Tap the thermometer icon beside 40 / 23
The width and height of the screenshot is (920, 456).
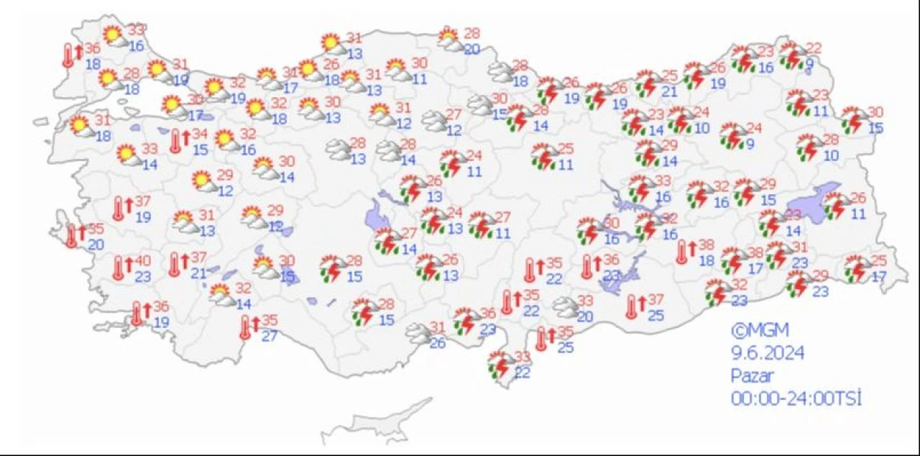click(119, 268)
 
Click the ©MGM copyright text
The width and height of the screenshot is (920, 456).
click(760, 331)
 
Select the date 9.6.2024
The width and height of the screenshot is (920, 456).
click(767, 353)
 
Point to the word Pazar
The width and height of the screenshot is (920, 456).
click(753, 375)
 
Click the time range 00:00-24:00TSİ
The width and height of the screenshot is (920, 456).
click(796, 398)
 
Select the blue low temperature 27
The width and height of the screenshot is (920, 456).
click(269, 334)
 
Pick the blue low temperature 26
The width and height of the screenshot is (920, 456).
click(437, 344)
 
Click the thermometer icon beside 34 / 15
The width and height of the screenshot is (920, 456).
click(175, 141)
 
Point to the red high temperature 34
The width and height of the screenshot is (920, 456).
click(200, 134)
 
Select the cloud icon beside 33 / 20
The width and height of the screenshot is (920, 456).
click(565, 307)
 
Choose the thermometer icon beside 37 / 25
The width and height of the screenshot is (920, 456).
click(632, 306)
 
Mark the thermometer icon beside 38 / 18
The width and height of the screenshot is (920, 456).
click(682, 252)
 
